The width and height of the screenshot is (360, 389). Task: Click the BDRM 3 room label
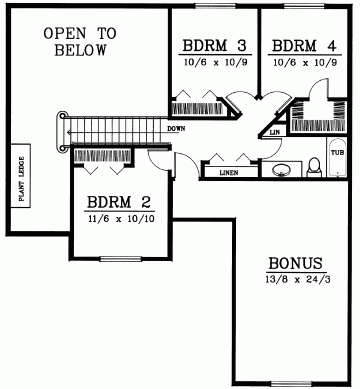coord(215,45)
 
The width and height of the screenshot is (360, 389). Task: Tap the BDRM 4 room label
coord(304,45)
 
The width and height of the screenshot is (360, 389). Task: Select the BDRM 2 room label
coord(119,202)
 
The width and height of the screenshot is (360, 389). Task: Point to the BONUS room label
coord(296,263)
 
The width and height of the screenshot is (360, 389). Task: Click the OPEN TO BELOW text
coord(80,42)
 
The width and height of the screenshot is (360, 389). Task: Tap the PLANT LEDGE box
coord(21,176)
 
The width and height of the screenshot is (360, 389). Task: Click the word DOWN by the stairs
coord(176,129)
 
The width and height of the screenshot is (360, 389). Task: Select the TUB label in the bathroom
coord(337,153)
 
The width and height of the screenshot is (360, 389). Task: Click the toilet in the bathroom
coord(314,167)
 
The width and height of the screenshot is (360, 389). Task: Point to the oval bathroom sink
coord(282,170)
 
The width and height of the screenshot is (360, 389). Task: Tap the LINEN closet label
coord(229,173)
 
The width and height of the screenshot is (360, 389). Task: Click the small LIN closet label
coord(275,132)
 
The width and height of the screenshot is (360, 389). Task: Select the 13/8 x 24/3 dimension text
coord(298,279)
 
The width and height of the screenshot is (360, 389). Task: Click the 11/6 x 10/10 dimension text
coord(122,219)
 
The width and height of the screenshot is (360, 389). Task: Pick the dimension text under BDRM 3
coord(215,62)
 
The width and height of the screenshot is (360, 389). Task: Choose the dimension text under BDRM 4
coord(305,62)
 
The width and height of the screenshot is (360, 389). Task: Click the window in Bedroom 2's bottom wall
coord(120,259)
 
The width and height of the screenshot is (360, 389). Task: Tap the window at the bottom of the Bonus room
coord(291,383)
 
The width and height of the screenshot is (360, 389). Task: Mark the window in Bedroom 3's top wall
coord(215,6)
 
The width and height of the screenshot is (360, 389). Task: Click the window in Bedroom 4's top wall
coord(304,6)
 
